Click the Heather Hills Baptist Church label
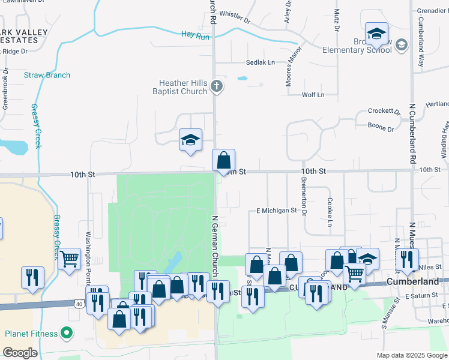point(183,87)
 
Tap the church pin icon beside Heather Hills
point(217,88)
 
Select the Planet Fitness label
point(32,334)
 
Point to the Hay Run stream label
point(195,35)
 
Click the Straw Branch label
point(47,75)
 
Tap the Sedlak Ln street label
point(260,62)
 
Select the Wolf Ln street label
point(313,95)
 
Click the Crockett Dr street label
point(384,112)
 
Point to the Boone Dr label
point(381,128)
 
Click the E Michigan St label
point(277,211)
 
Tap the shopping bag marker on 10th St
point(224,161)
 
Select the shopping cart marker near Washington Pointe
point(70,259)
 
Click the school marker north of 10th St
point(190,140)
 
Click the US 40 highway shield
point(80,303)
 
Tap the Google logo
point(20,353)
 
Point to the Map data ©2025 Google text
point(412,355)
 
